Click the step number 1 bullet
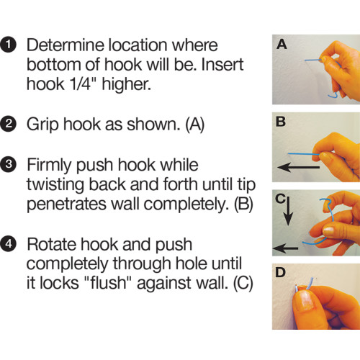[x=12, y=45]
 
